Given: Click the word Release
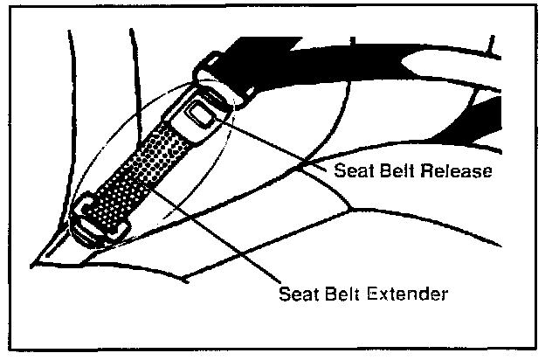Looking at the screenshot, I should coord(457,170).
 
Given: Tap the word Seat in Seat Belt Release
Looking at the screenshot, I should coord(352,170).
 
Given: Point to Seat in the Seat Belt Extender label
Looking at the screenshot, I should coord(294,293).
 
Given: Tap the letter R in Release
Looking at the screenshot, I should coord(427,170).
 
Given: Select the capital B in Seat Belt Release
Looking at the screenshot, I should coord(383,170).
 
